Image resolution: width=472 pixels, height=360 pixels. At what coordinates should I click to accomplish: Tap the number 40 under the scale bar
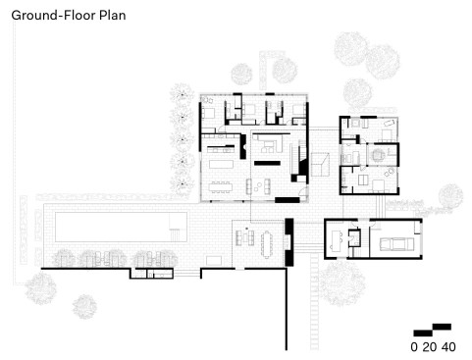(x=448, y=347)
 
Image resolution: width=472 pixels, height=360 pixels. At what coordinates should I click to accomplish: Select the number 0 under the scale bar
(x=414, y=347)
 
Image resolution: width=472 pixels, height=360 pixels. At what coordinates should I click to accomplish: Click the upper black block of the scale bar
(x=442, y=327)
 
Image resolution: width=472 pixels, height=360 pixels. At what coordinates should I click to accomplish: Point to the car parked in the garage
(x=396, y=244)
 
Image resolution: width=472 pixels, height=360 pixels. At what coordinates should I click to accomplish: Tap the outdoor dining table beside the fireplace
(x=267, y=244)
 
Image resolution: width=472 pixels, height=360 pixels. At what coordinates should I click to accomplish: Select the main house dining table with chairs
(x=221, y=187)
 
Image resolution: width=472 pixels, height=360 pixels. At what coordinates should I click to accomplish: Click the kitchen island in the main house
(x=221, y=163)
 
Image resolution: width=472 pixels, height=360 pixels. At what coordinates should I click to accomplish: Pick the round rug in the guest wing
(x=379, y=155)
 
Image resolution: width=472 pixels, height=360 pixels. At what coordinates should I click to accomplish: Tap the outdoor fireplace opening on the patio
(x=288, y=241)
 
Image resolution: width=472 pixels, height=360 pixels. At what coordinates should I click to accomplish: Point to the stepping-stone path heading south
(x=314, y=301)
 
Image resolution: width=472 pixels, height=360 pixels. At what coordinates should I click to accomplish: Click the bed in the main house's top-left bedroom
(x=208, y=113)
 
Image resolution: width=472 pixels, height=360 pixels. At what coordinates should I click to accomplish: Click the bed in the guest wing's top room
(x=388, y=134)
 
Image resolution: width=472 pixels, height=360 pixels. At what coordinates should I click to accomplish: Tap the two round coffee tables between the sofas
(x=258, y=186)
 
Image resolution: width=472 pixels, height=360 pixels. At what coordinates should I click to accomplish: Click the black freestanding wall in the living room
(x=267, y=163)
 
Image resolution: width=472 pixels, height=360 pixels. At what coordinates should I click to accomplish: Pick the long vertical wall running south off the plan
(x=287, y=309)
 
